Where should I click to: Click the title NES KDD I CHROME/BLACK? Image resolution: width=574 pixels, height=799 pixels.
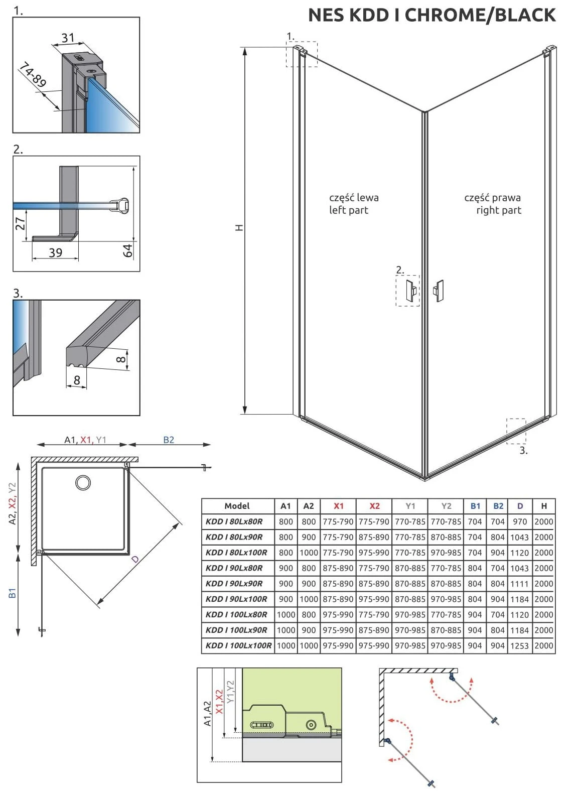click(x=432, y=15)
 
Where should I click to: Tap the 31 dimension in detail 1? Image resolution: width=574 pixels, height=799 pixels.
click(x=68, y=38)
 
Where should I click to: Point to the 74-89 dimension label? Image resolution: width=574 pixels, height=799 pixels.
click(x=33, y=75)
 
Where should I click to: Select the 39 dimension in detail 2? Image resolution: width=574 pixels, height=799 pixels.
click(x=56, y=252)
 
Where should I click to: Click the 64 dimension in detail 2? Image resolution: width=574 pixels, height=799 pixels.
click(x=127, y=250)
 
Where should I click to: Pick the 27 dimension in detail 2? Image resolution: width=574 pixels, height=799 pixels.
click(x=21, y=224)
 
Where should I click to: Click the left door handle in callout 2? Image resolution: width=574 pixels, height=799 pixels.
click(x=411, y=290)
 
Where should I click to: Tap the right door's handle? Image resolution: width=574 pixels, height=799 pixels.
click(x=439, y=291)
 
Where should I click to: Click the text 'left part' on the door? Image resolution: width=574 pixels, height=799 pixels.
click(x=348, y=210)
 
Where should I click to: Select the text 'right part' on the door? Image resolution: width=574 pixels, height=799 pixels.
click(x=498, y=210)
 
